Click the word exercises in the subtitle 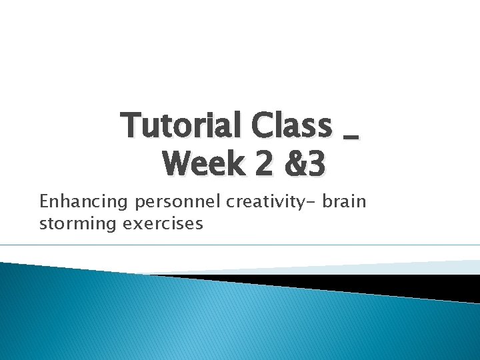[x=163, y=223]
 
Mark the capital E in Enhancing [x=45, y=201]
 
